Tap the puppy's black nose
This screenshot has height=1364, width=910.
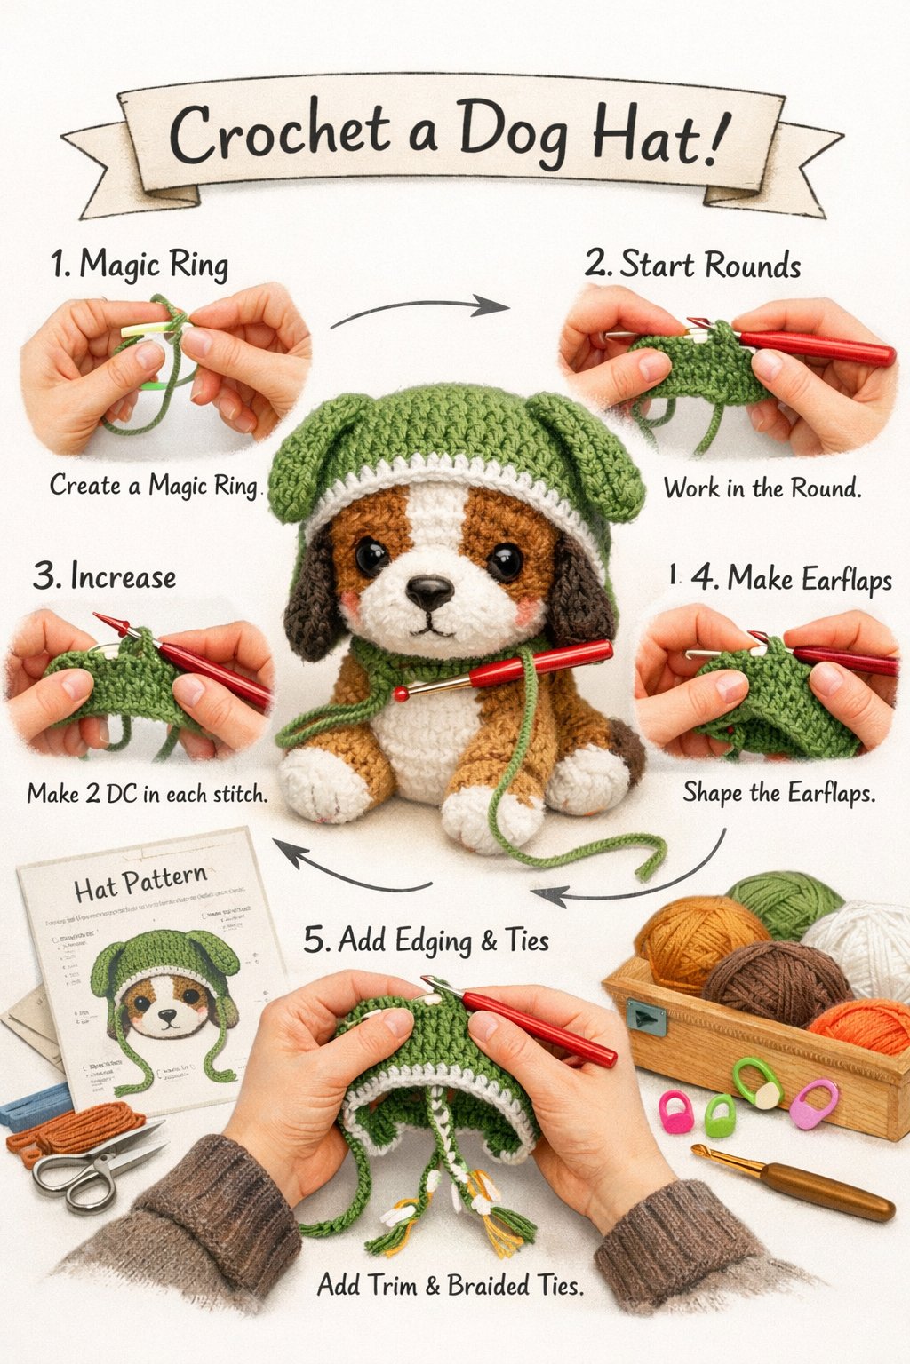[429, 590]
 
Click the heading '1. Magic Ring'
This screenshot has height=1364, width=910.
[140, 265]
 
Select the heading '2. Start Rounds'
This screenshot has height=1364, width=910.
[692, 265]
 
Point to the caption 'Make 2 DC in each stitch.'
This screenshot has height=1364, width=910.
[148, 793]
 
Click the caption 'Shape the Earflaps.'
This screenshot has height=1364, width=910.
[778, 792]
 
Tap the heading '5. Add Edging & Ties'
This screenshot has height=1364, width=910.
[427, 940]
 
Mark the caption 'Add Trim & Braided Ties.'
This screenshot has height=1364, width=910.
[451, 1285]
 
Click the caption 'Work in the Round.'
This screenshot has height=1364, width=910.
[762, 488]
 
